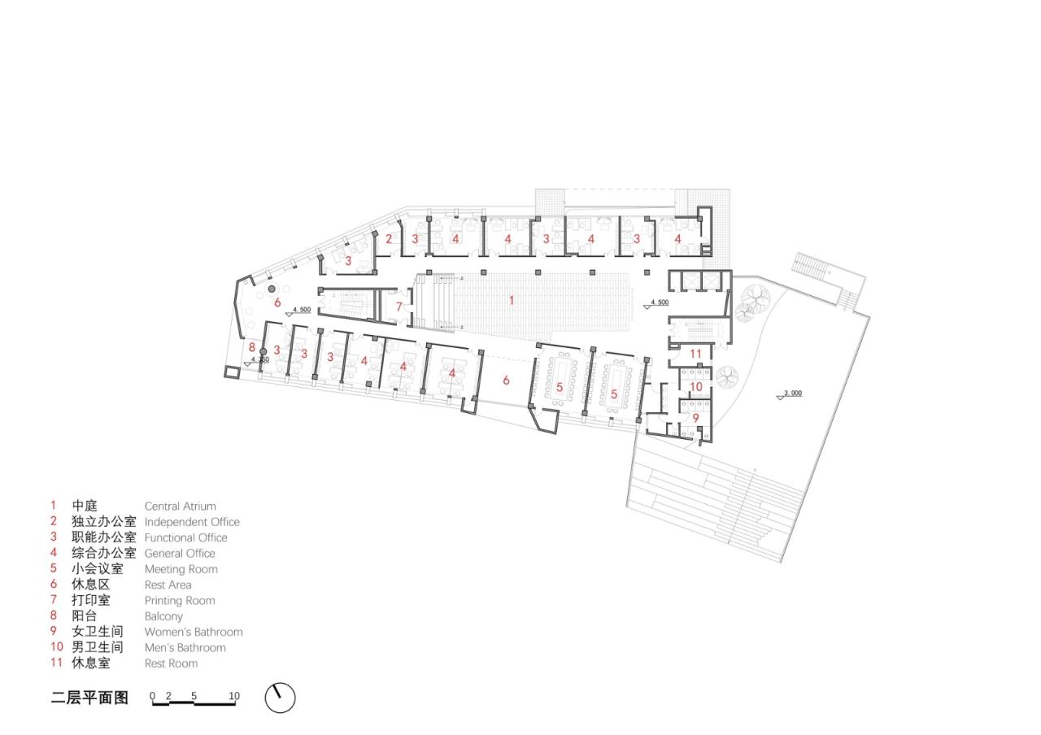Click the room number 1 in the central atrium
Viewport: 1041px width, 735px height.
click(512, 300)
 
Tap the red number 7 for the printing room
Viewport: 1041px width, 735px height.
click(399, 307)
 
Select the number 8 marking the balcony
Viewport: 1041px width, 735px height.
click(252, 346)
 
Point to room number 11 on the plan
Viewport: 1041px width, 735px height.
click(695, 353)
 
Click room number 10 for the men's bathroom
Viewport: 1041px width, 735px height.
click(696, 387)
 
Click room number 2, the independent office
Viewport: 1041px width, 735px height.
click(390, 239)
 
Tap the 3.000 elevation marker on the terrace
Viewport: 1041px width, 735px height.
click(793, 394)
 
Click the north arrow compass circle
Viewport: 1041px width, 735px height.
click(280, 698)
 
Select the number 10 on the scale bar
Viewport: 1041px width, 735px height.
click(234, 696)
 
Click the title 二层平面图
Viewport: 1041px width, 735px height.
click(89, 698)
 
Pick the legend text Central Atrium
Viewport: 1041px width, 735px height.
click(180, 506)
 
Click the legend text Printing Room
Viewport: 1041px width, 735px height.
click(180, 600)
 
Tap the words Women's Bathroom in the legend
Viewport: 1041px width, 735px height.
click(194, 632)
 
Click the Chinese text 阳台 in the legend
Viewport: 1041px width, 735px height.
click(85, 616)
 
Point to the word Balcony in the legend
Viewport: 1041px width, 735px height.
click(163, 616)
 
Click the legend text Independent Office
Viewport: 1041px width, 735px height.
click(192, 522)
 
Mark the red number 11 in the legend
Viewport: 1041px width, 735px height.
click(56, 663)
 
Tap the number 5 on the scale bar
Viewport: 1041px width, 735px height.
click(194, 696)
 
